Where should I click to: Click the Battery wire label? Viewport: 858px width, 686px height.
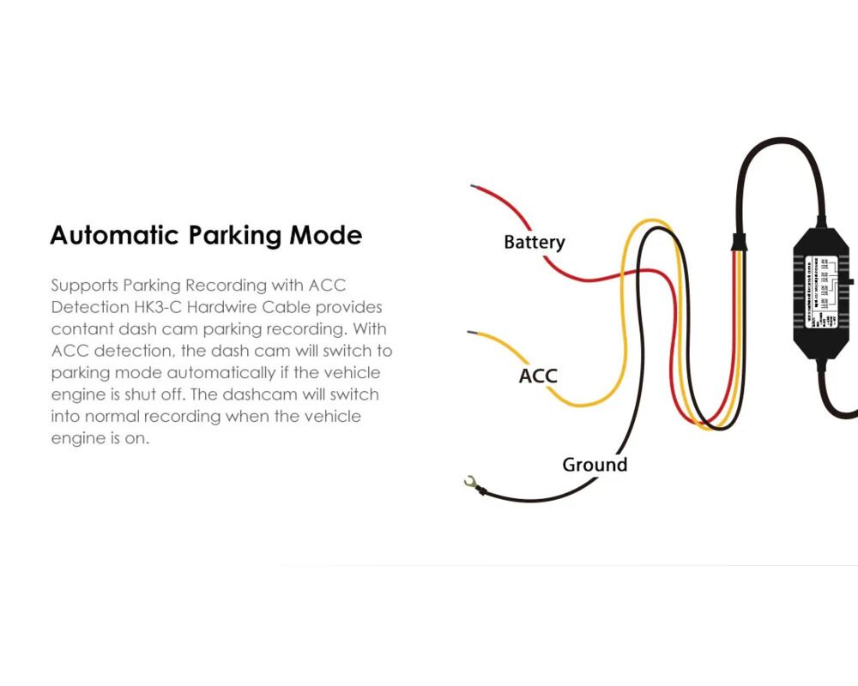535,243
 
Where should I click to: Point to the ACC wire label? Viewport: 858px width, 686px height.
538,376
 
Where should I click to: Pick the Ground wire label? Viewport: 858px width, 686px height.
595,465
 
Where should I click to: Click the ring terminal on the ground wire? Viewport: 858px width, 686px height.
470,484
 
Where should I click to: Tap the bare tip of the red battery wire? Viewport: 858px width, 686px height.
473,185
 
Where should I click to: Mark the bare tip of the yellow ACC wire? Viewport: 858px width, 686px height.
469,331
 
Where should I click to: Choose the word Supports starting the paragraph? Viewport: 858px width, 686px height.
84,285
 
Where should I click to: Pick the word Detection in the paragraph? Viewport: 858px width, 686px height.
90,307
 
